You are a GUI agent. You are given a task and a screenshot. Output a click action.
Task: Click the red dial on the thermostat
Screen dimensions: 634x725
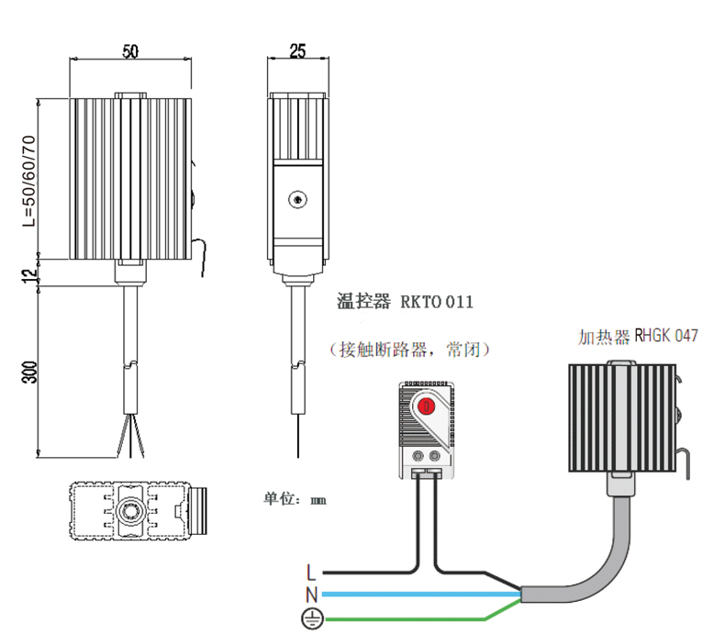click(x=426, y=406)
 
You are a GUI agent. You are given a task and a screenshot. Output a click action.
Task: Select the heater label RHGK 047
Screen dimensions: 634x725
click(x=665, y=336)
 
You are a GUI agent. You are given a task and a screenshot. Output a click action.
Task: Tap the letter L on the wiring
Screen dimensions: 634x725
click(x=311, y=574)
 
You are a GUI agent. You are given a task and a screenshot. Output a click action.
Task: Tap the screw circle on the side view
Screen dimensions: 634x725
click(x=296, y=199)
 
